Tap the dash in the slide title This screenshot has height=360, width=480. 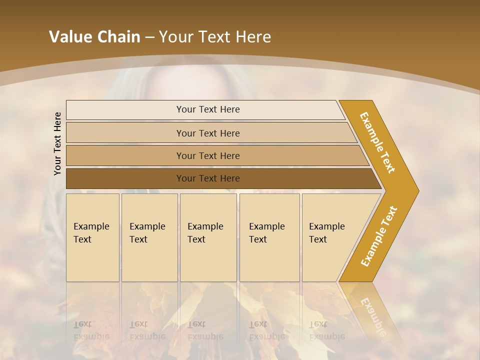(x=149, y=37)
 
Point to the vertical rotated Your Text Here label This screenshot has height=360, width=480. (x=57, y=143)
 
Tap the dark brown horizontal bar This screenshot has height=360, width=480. (x=125, y=178)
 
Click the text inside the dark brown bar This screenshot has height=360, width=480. (x=208, y=178)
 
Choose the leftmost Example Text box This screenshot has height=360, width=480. (x=92, y=237)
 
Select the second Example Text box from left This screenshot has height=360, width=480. (x=149, y=237)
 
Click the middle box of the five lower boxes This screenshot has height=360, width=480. (x=208, y=237)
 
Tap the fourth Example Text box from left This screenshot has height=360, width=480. (x=269, y=237)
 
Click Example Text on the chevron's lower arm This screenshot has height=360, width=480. (x=379, y=236)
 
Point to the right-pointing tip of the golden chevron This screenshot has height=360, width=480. (x=415, y=190)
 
